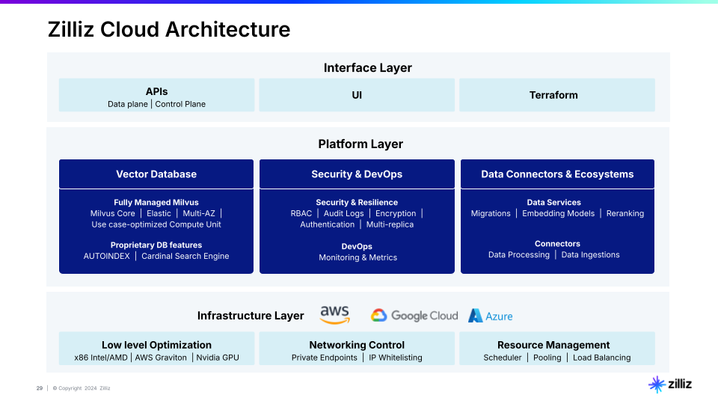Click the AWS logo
coord(335,315)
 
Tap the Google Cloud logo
coord(414,316)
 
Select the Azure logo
coord(491,316)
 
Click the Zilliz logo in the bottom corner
coord(670,385)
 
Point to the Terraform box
coord(556,95)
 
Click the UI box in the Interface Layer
coord(357,95)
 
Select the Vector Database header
coord(156,174)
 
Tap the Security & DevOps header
coord(357,174)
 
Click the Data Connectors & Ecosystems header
coord(557,174)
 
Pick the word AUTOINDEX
coord(107,256)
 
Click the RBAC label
coord(301,213)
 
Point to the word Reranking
coord(625,213)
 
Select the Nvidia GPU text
coord(218,358)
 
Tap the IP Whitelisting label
coord(396,358)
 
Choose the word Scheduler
coord(503,358)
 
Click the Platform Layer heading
coord(360,144)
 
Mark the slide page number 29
coord(40,388)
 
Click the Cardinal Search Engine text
coord(185,256)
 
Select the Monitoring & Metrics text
coord(358,257)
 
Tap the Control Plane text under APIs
coord(180,104)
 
